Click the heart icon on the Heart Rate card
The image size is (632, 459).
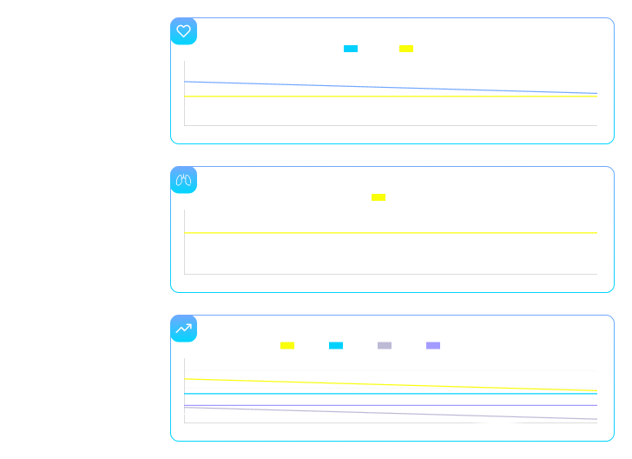(x=183, y=31)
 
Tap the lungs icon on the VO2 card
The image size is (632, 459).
(x=183, y=180)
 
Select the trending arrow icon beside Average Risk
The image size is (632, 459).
(x=183, y=329)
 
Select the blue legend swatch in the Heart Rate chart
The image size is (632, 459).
(x=351, y=49)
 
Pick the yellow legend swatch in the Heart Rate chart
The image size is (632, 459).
(x=406, y=49)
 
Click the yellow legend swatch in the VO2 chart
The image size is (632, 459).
(x=379, y=197)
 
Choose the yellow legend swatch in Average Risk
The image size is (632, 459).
(x=287, y=346)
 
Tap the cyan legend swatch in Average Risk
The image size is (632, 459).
(x=336, y=346)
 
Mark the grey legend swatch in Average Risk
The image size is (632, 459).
(x=385, y=346)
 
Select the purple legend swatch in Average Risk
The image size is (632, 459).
(x=433, y=346)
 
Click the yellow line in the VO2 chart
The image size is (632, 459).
(x=391, y=234)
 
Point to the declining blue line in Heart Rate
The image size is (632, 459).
(x=347, y=86)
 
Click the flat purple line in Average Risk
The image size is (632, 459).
(x=391, y=405)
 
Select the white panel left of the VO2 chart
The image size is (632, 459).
(x=76, y=214)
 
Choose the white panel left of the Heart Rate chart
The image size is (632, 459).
(x=76, y=65)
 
